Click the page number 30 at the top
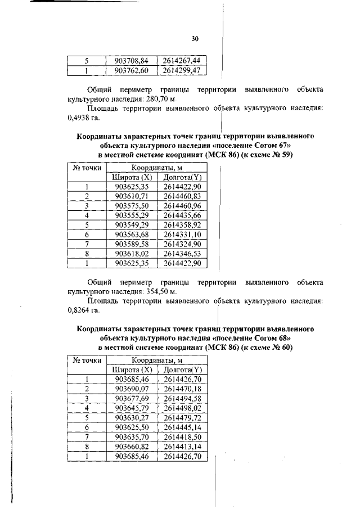point(195,39)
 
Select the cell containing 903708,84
point(132,60)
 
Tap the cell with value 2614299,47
point(182,70)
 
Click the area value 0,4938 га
point(78,119)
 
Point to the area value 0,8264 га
point(78,311)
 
